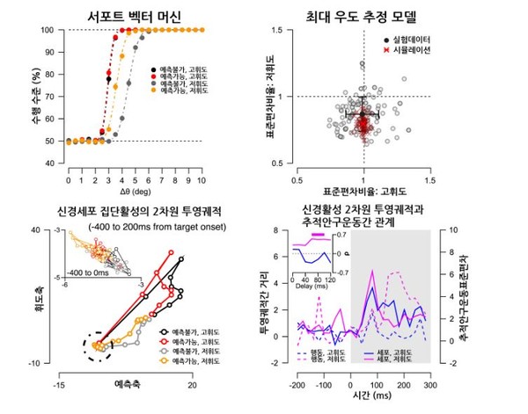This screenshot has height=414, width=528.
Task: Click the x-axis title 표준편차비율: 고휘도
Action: pyautogui.click(x=363, y=190)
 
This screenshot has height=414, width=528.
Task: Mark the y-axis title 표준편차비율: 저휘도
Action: pyautogui.click(x=265, y=98)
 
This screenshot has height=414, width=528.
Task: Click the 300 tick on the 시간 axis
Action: pyautogui.click(x=429, y=385)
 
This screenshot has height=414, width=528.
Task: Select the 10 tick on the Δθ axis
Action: pyautogui.click(x=202, y=179)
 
